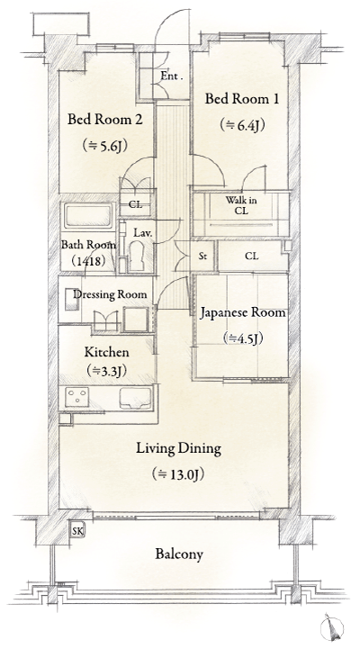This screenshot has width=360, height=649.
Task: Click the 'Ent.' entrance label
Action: pos(172,77)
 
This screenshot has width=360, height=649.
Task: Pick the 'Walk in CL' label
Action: pos(240,205)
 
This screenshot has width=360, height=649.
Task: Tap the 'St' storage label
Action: pos(202,257)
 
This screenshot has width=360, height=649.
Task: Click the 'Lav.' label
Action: pos(142,233)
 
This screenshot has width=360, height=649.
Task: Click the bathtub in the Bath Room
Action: pos(87,217)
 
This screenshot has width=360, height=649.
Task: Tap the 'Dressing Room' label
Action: pos(110,294)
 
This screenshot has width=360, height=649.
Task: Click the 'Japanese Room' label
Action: pos(243,313)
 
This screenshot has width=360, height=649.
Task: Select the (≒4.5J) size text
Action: pos(243,338)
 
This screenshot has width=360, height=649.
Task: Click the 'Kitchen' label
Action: pos(107,352)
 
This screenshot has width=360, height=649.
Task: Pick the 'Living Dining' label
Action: pos(179,448)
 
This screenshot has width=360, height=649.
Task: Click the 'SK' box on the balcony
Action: pos(78,531)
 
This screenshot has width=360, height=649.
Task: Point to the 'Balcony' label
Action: pos(176,554)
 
